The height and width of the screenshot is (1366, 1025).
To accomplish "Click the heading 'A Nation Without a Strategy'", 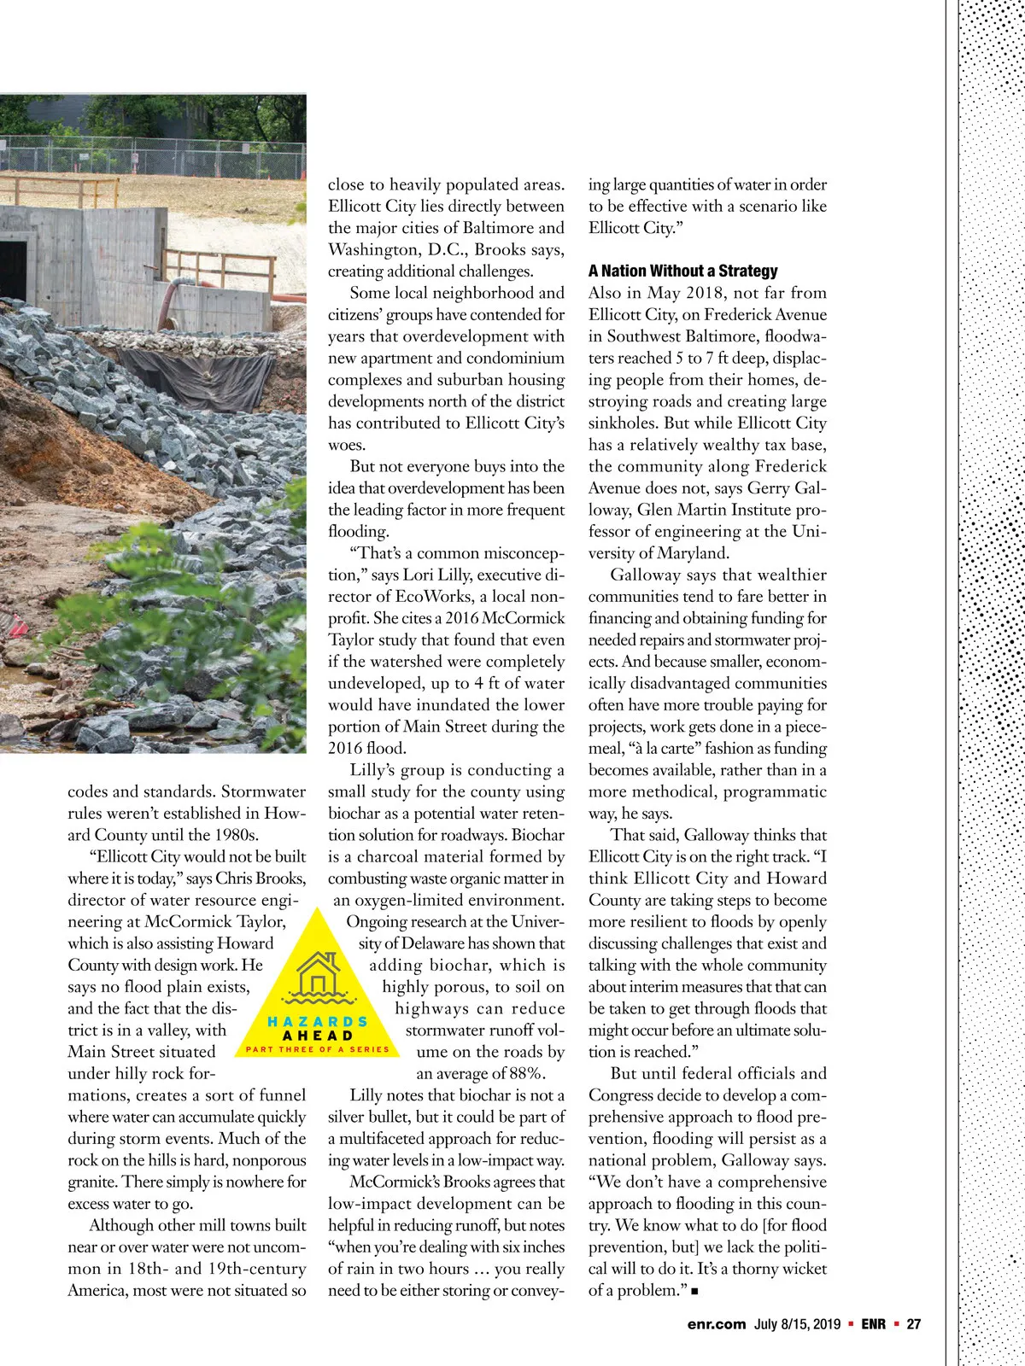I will point(682,271).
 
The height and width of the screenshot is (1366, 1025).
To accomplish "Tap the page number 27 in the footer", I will point(914,1324).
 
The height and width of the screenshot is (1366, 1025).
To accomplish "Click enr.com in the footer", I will point(716,1324).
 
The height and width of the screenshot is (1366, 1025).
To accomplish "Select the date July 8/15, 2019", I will point(798,1324).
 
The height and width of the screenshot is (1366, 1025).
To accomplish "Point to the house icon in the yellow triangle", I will point(318,974).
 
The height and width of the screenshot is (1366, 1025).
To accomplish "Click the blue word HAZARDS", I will point(318,1021).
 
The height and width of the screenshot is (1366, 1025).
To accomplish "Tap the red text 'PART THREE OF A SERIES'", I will point(318,1049).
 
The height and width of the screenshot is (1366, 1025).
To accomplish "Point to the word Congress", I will point(623,1095).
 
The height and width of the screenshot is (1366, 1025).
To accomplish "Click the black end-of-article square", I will point(694,1292).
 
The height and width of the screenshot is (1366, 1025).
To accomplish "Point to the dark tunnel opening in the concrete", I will point(13,266).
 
